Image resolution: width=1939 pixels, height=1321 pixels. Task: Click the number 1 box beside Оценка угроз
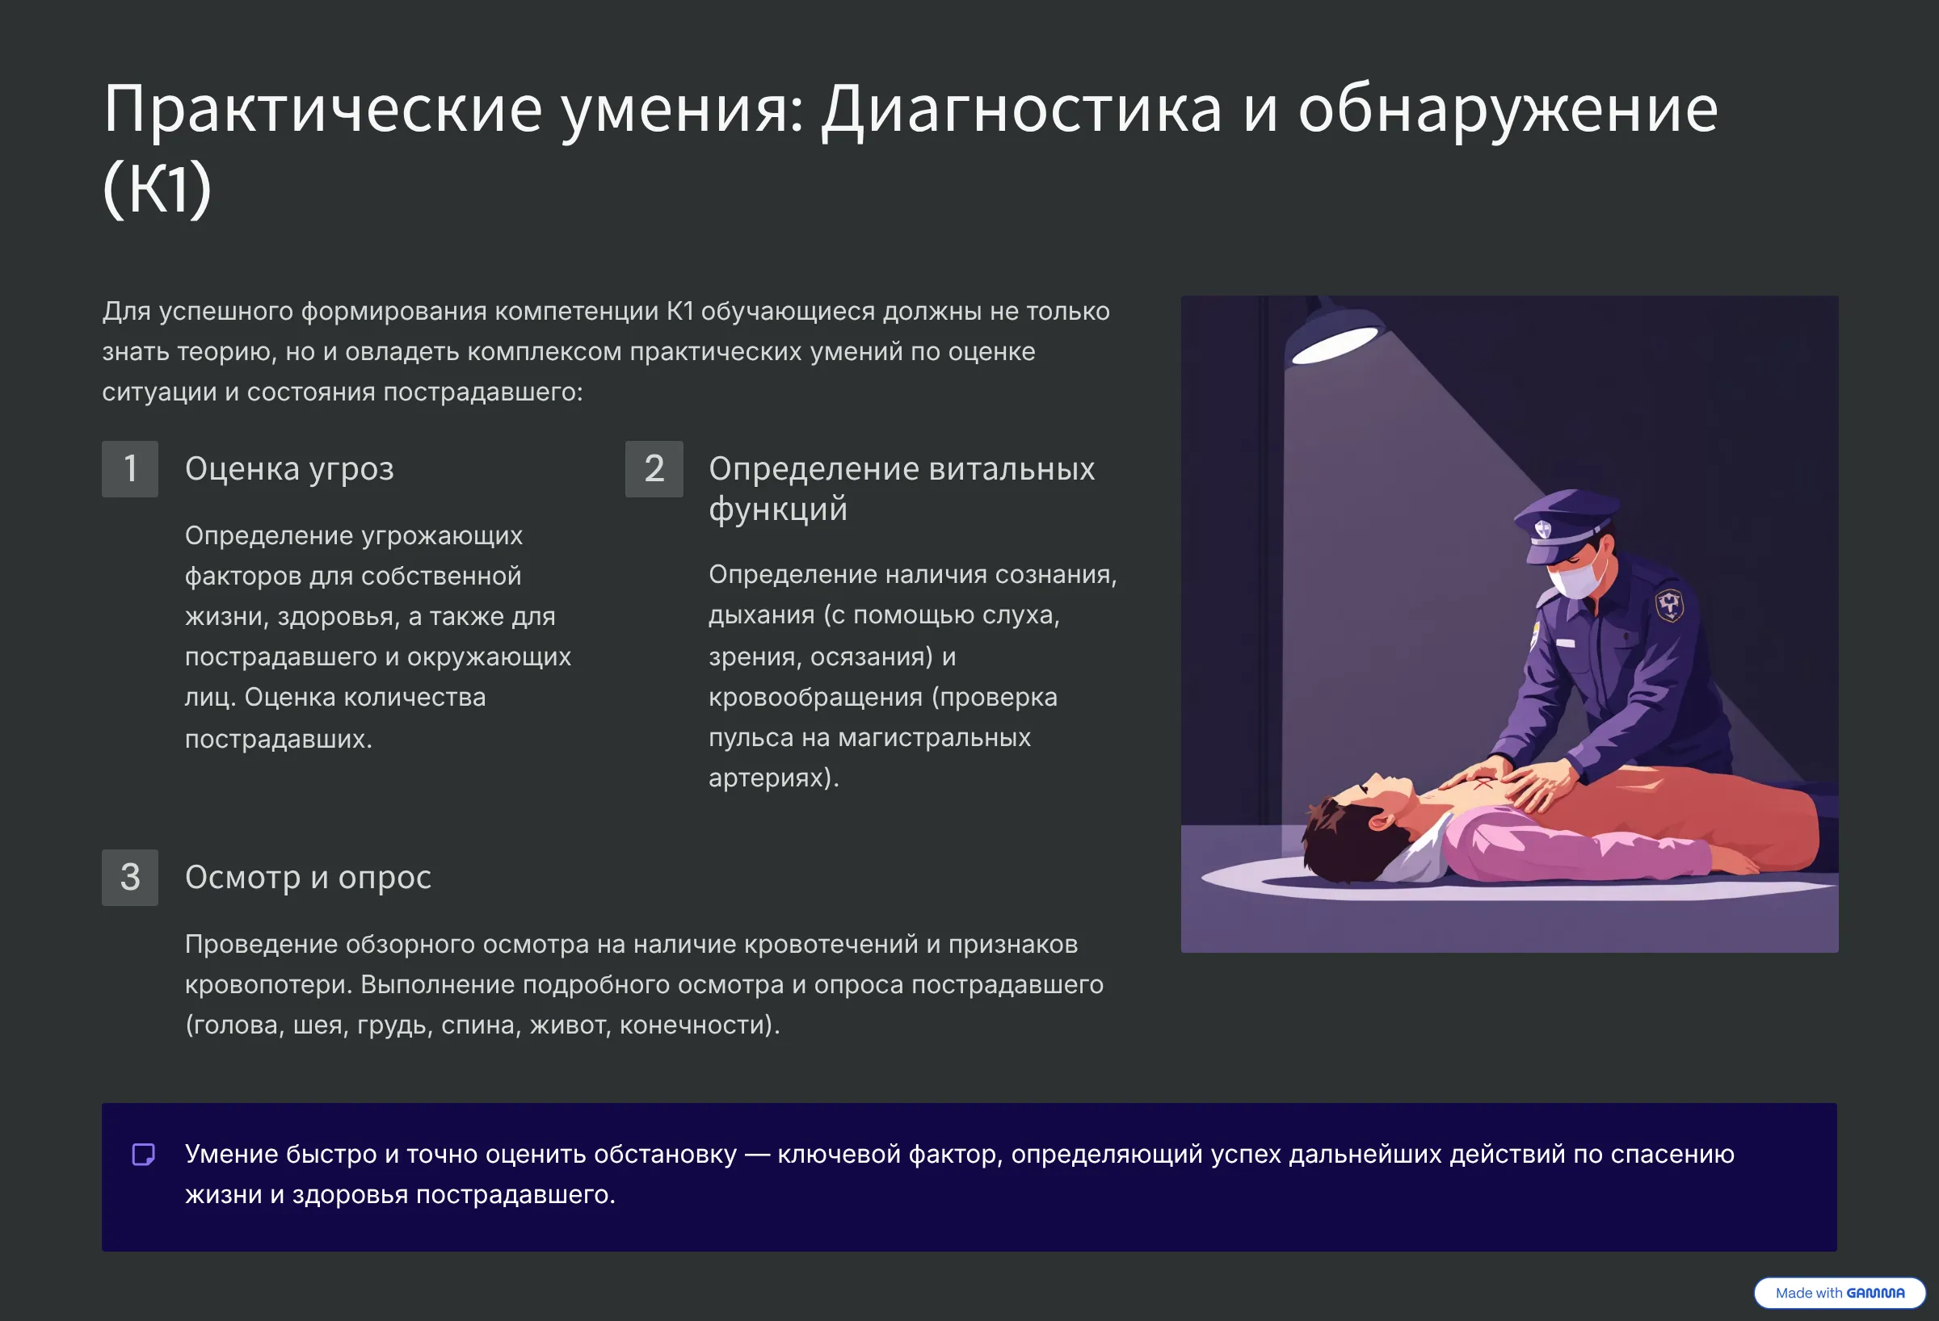(130, 468)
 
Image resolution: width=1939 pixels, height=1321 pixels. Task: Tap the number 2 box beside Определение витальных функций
(654, 468)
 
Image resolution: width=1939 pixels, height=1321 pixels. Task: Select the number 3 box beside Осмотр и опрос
(130, 878)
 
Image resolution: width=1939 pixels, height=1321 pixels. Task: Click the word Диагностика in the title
(1022, 111)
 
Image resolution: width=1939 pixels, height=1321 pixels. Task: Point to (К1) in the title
(157, 188)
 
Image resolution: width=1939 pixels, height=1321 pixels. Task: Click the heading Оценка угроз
(289, 469)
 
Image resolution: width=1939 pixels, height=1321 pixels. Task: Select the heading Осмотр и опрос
(308, 879)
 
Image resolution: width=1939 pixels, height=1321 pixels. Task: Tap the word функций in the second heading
(777, 510)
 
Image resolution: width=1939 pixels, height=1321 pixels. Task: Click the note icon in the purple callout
(144, 1154)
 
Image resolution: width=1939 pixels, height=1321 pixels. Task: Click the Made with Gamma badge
(1840, 1293)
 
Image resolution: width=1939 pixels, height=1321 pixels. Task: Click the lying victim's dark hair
(1344, 842)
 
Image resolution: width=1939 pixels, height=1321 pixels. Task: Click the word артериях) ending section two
(773, 778)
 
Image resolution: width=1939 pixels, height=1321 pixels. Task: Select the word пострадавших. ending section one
(279, 739)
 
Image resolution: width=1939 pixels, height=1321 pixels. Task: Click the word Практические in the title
(324, 111)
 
